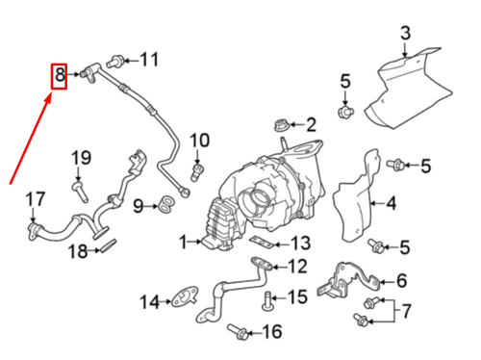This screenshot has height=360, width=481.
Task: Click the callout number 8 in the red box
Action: [59, 74]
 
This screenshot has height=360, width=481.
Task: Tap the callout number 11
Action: [148, 61]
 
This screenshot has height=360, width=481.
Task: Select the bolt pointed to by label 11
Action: [118, 61]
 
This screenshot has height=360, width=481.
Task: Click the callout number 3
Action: [405, 34]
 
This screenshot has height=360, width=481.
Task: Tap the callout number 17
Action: [35, 200]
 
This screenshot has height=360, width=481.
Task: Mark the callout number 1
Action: [182, 242]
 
